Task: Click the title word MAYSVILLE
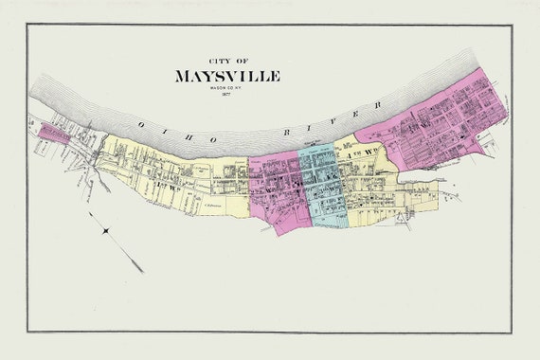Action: pyautogui.click(x=227, y=76)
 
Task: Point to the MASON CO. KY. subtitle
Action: pyautogui.click(x=227, y=87)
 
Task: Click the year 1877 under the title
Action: pyautogui.click(x=227, y=94)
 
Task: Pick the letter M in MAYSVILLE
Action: pyautogui.click(x=183, y=76)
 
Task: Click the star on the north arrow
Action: pyautogui.click(x=105, y=230)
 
